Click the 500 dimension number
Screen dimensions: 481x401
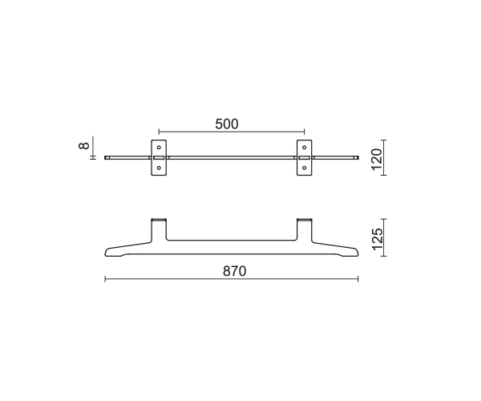coord(227,124)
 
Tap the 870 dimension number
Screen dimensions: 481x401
coord(234,271)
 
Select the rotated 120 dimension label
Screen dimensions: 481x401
coord(377,160)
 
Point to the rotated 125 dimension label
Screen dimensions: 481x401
coord(378,239)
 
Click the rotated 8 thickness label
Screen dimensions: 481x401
coord(83,145)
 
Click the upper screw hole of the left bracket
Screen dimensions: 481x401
coord(159,148)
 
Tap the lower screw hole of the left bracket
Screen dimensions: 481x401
coord(159,168)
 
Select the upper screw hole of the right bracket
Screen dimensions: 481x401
coord(305,148)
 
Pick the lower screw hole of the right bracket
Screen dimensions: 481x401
coord(305,168)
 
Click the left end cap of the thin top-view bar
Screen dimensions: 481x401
coord(107,158)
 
